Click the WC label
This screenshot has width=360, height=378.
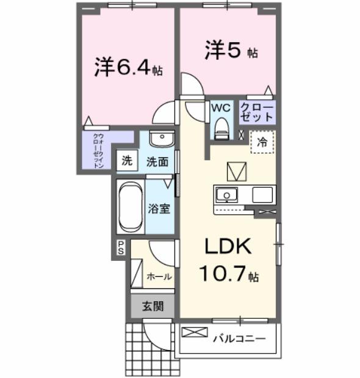pyautogui.click(x=220, y=107)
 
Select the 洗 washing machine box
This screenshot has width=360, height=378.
pyautogui.click(x=126, y=162)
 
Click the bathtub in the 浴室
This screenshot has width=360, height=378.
pyautogui.click(x=130, y=207)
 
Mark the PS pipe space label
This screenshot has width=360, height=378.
pyautogui.click(x=121, y=247)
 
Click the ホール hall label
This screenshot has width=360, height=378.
pyautogui.click(x=159, y=276)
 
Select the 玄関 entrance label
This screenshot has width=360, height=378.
pyautogui.click(x=153, y=307)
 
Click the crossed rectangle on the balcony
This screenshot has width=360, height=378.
pyautogui.click(x=195, y=333)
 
